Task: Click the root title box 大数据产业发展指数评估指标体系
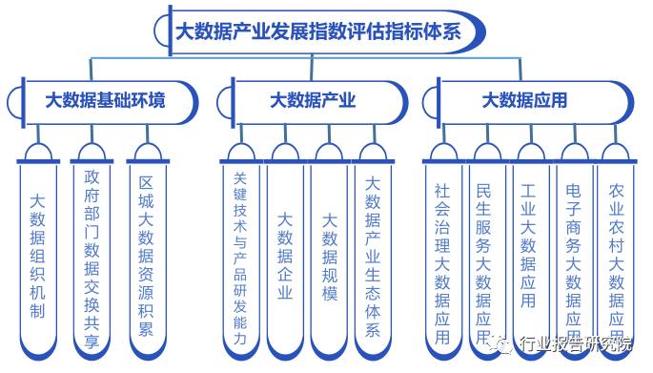318,30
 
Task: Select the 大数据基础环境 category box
106,100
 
